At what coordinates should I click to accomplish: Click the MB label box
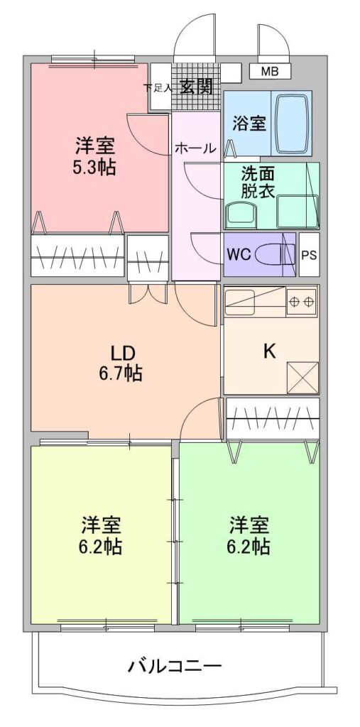click(270, 72)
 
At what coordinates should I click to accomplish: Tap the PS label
click(309, 255)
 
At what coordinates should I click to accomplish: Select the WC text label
click(239, 255)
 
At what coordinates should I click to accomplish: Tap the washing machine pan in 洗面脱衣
click(298, 212)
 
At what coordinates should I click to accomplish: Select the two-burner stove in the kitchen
click(302, 301)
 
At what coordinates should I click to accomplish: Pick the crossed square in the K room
click(302, 378)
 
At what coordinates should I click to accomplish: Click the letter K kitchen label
click(269, 352)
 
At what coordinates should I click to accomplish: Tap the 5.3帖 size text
click(94, 168)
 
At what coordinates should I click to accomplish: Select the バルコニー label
click(175, 667)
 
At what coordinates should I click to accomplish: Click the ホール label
click(195, 148)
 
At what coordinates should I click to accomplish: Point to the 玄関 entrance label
click(197, 86)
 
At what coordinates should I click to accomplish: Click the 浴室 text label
click(249, 123)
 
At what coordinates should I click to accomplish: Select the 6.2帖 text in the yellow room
click(100, 547)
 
